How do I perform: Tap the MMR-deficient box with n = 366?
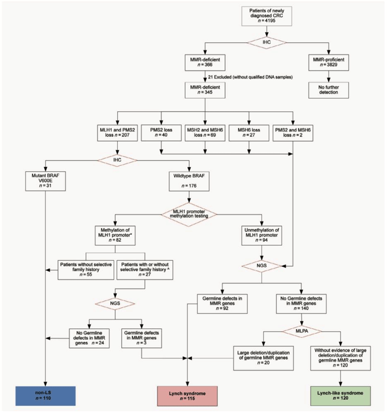pyautogui.click(x=205, y=63)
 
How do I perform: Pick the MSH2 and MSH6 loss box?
pyautogui.click(x=205, y=133)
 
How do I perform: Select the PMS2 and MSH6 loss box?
pyautogui.click(x=291, y=133)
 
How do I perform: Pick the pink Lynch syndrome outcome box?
pyautogui.click(x=189, y=395)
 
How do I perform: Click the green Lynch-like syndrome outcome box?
pyautogui.click(x=338, y=395)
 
